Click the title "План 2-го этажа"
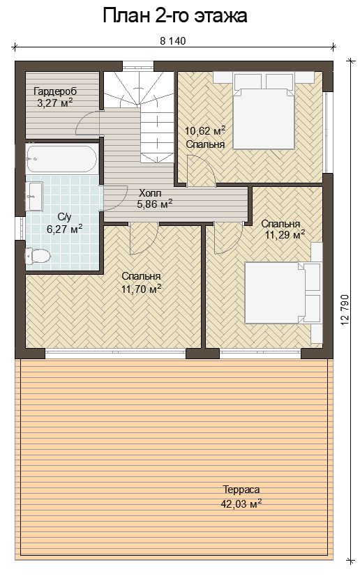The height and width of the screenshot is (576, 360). point(175,16)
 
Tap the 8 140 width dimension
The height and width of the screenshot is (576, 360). point(172,40)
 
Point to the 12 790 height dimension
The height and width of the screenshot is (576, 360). point(345,310)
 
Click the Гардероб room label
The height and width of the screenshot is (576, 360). point(55,91)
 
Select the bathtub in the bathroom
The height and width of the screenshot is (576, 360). point(61,159)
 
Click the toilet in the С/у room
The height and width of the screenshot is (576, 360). point(38,256)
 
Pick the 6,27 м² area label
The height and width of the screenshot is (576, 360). point(64,229)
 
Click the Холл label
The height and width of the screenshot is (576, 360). point(150,192)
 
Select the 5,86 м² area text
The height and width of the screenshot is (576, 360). point(155,204)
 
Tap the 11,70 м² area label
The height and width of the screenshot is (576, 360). point(142,289)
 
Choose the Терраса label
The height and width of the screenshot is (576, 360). point(241,490)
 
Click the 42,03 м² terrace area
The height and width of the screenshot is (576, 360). point(241,503)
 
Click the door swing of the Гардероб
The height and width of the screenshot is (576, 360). point(88,123)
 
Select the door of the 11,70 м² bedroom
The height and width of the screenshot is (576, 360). point(144,238)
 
